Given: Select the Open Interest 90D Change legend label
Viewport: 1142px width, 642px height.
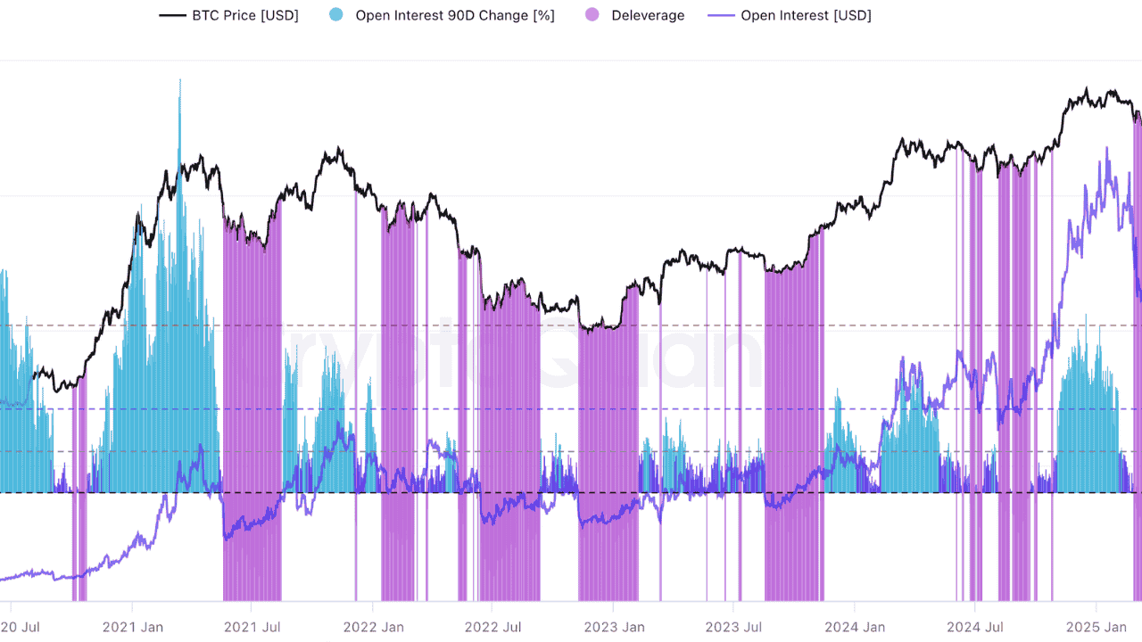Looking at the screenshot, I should [455, 15].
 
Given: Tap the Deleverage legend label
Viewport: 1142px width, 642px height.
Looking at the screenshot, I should [648, 15].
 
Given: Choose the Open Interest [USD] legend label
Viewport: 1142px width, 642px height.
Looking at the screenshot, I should [806, 15].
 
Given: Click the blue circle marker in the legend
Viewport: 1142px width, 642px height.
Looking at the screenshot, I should [336, 15].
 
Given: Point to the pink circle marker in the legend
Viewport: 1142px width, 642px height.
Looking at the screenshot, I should [592, 15].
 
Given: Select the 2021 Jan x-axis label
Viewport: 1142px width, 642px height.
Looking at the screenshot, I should [133, 627].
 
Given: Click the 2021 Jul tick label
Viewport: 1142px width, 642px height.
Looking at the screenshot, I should [252, 627].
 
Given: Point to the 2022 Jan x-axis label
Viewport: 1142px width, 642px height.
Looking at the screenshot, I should [374, 627].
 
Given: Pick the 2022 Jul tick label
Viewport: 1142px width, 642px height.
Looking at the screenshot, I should [493, 627].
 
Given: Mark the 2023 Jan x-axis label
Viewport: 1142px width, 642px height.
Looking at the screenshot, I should [615, 627].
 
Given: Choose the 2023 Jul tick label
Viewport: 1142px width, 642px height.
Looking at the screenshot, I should [734, 627].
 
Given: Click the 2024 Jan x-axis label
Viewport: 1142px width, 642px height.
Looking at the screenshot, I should [855, 627].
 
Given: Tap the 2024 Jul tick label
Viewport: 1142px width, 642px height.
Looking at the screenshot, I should [974, 627].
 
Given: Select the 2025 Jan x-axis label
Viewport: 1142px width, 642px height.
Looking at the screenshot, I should [1096, 627].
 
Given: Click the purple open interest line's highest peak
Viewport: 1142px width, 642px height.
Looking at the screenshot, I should [1107, 150].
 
